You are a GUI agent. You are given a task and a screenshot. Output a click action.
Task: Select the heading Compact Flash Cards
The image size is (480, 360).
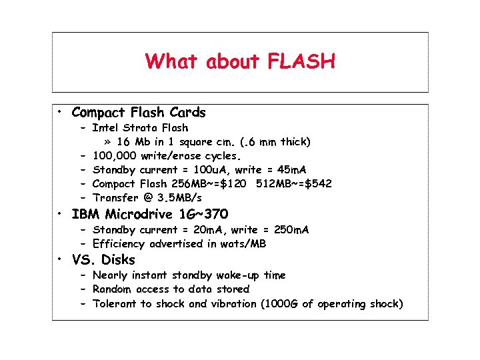(x=139, y=112)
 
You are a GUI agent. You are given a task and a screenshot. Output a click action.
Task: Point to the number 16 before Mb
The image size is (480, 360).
(x=123, y=141)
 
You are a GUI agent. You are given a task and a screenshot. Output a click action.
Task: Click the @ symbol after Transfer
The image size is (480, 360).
(x=145, y=197)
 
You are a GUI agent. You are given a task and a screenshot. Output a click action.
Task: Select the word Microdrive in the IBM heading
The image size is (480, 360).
(x=139, y=214)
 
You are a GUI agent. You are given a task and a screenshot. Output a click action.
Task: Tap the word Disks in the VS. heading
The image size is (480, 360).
(x=119, y=260)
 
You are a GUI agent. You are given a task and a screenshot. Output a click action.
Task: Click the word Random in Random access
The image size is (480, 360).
(x=112, y=289)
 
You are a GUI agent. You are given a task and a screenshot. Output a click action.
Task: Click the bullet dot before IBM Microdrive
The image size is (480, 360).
(x=60, y=215)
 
